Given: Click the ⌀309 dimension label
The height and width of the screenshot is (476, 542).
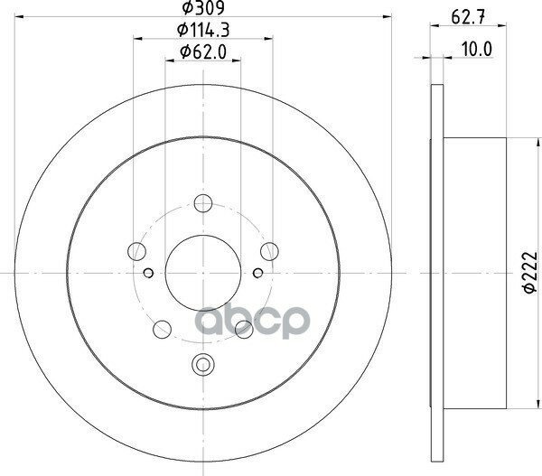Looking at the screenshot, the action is pos(203,7).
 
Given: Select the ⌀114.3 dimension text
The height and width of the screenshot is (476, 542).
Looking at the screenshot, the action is pos(203,30).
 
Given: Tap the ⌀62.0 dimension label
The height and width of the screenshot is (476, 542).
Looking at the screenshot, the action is pos(203,52).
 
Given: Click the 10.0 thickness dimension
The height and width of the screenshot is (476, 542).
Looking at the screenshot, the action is pos(477,50).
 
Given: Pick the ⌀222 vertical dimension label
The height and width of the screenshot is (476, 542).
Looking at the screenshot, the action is pos(530,273).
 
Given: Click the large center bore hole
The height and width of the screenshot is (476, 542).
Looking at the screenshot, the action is pos(203,273).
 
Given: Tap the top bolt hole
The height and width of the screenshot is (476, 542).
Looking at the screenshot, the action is pos(203,203).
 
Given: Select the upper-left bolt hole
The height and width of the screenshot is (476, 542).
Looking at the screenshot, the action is pos(136,251).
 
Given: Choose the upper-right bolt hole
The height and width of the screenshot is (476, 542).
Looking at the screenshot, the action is pos(269,251).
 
